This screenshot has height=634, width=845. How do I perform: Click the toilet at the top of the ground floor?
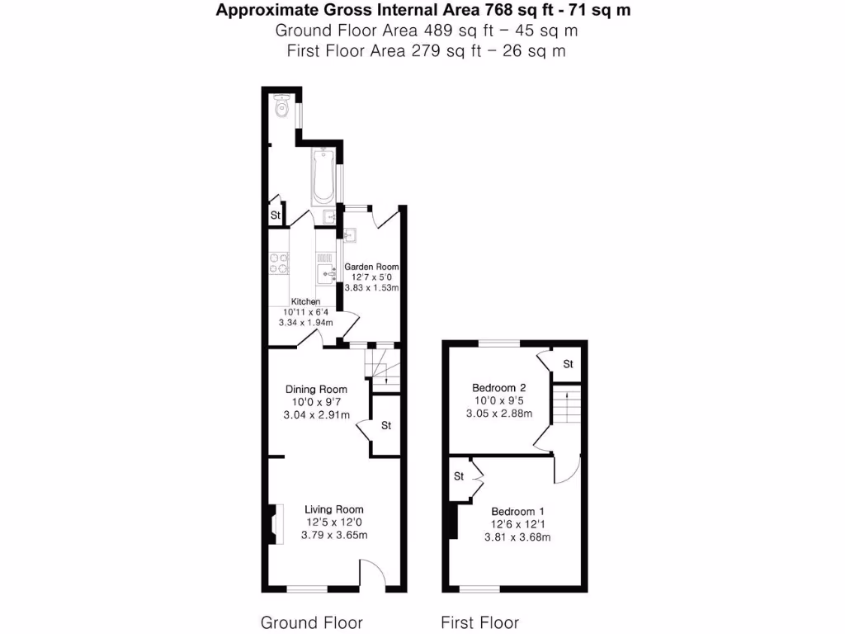pos(281,104)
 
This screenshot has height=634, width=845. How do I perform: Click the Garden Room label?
pos(371,267)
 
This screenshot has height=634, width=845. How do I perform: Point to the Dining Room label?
pos(316,390)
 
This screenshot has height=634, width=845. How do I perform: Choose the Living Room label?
pos(333,509)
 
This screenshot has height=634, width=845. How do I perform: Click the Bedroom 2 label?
pos(498,388)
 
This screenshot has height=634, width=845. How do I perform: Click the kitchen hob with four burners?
pos(279,263)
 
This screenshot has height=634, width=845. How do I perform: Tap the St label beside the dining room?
pos(386,426)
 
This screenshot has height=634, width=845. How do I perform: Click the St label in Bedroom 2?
pos(568,364)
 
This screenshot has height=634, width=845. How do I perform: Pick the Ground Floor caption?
pos(311,622)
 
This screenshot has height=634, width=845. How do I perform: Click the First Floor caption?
pos(479,622)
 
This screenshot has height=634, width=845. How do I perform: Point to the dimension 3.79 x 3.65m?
pos(334,535)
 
